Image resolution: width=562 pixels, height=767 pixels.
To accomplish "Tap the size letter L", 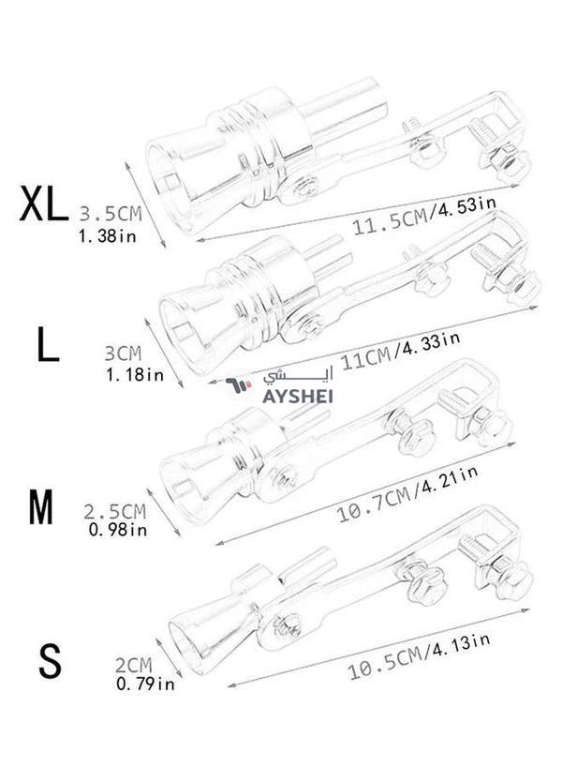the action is click(x=48, y=344).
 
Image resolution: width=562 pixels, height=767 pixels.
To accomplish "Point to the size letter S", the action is click(x=50, y=660).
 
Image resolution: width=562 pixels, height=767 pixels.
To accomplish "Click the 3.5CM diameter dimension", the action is click(x=111, y=214).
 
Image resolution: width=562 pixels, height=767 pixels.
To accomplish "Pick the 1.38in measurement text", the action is click(x=108, y=236).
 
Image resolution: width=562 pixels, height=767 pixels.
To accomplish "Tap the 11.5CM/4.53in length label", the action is click(x=424, y=217).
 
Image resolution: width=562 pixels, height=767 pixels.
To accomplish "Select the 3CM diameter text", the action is click(x=123, y=353).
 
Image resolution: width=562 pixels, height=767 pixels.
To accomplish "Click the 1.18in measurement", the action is click(x=135, y=375).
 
